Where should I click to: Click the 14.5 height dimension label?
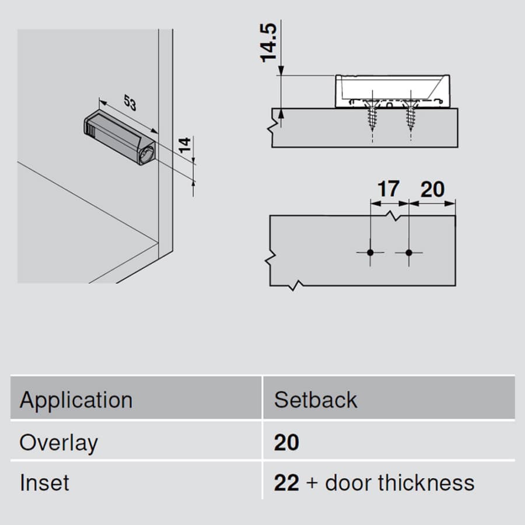click(268, 43)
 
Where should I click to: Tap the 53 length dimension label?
click(130, 103)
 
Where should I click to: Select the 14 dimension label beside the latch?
click(184, 145)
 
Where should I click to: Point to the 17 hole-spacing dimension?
click(388, 189)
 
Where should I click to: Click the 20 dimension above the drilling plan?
click(433, 189)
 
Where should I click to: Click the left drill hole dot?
click(370, 253)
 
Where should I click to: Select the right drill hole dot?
click(409, 253)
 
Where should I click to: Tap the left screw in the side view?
click(372, 115)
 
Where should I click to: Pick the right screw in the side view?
click(411, 115)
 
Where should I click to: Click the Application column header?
click(76, 400)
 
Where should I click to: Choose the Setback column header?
click(316, 400)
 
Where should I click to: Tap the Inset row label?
click(44, 483)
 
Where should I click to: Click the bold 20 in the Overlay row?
click(286, 443)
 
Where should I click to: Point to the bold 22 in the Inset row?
click(286, 483)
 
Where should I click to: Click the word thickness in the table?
click(426, 483)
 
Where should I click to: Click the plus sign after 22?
click(312, 484)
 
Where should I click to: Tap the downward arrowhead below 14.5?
click(281, 71)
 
